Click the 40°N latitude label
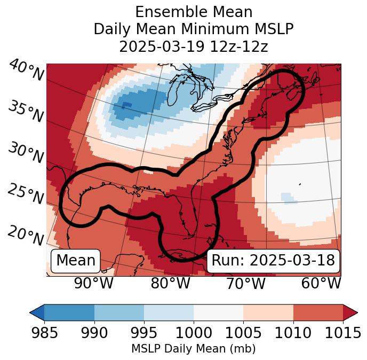[x=26, y=71]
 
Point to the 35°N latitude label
[x=25, y=111]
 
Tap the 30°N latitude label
[x=25, y=153]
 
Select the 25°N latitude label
[x=25, y=194]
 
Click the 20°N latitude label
[x=25, y=235]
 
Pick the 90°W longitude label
[x=94, y=284]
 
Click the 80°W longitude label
[x=170, y=284]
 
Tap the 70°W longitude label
[x=245, y=284]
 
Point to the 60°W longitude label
[x=321, y=284]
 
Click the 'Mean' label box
[x=76, y=261]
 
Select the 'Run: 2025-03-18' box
[x=273, y=261]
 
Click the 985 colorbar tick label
[x=44, y=333]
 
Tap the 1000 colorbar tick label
[x=194, y=333]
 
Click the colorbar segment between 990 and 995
[x=119, y=312]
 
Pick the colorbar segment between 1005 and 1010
[x=268, y=312]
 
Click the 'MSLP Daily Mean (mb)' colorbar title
[x=194, y=349]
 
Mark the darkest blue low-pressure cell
[x=127, y=105]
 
